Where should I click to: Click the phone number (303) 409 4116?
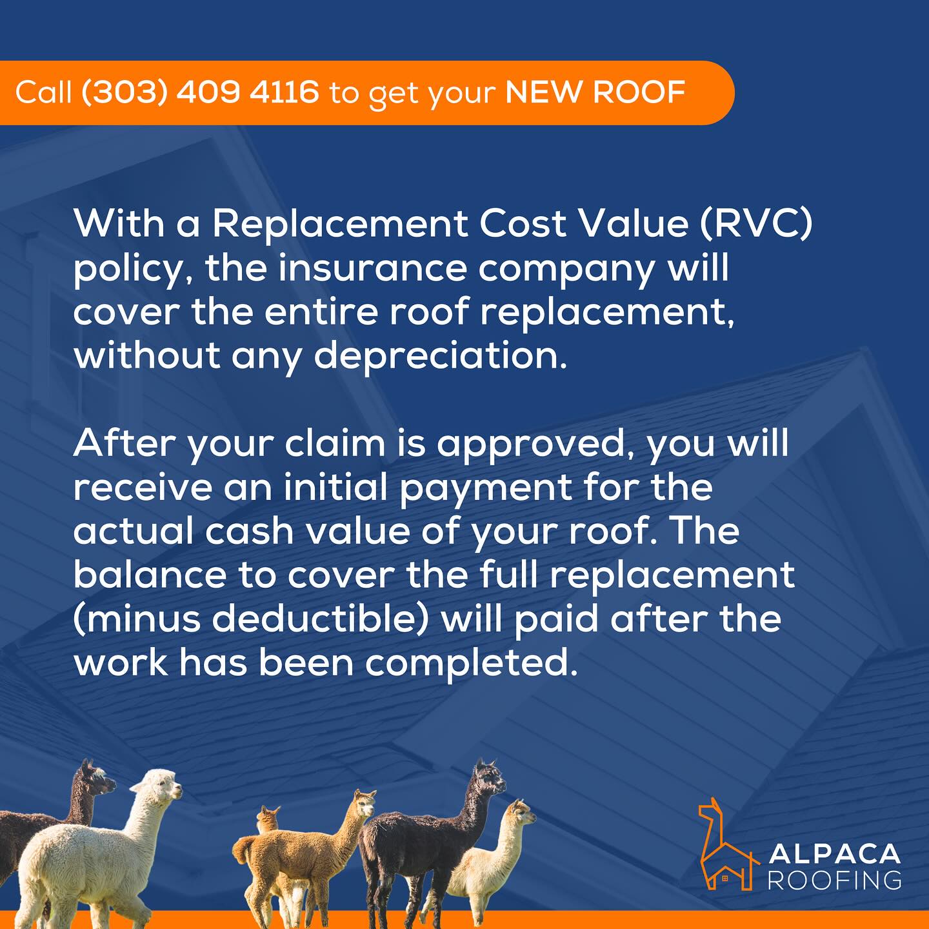[x=199, y=92]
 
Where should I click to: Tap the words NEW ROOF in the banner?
[x=595, y=92]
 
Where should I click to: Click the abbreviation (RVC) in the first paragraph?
[x=757, y=224]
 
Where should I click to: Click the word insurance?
[x=372, y=268]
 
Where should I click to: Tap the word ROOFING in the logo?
[x=834, y=880]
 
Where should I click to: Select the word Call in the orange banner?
[x=44, y=92]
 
